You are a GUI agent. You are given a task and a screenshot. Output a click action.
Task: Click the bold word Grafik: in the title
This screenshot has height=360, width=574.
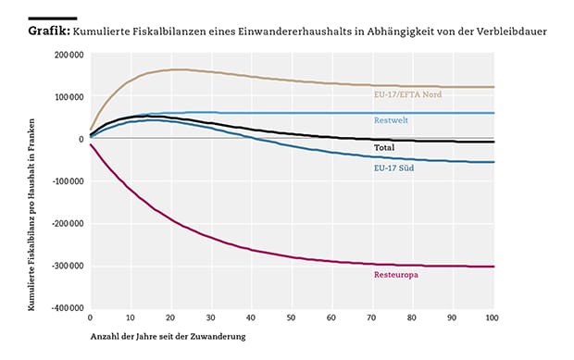[x=49, y=31]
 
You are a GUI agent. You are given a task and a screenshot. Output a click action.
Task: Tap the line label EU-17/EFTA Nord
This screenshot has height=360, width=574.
[x=407, y=94]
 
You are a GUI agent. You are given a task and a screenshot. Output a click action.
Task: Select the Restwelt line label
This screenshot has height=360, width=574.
[x=391, y=120]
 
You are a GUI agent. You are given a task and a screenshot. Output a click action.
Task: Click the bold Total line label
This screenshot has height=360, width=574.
[x=384, y=147]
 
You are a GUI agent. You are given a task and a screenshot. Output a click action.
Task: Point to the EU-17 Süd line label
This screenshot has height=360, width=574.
[x=393, y=168]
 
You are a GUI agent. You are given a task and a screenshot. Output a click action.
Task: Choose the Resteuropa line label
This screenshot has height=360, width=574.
[x=395, y=274]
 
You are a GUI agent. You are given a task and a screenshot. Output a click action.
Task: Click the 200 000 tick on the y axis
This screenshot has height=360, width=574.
[x=69, y=55]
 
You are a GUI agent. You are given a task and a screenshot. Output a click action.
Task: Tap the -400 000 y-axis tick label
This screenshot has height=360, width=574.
[x=68, y=308]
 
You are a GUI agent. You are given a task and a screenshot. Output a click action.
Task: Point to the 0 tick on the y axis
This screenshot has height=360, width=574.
[x=81, y=139]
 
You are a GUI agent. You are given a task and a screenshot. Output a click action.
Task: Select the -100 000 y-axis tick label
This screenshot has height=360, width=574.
[x=68, y=181]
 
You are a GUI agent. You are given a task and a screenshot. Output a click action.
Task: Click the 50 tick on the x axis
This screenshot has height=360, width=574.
[x=291, y=317]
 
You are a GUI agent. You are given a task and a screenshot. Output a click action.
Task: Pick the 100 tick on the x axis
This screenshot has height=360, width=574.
[x=492, y=317]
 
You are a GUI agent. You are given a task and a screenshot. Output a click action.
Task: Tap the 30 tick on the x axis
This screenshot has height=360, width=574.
[x=210, y=317]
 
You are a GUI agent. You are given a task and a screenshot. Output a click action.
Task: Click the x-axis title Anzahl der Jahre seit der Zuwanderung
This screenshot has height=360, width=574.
[x=168, y=336]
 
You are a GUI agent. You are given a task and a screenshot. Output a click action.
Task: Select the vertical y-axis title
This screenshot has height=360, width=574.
[x=31, y=215]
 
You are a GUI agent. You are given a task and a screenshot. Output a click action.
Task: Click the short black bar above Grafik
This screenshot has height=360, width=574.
[x=53, y=19]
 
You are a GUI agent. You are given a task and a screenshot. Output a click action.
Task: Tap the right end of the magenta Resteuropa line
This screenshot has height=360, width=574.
[x=493, y=267]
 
